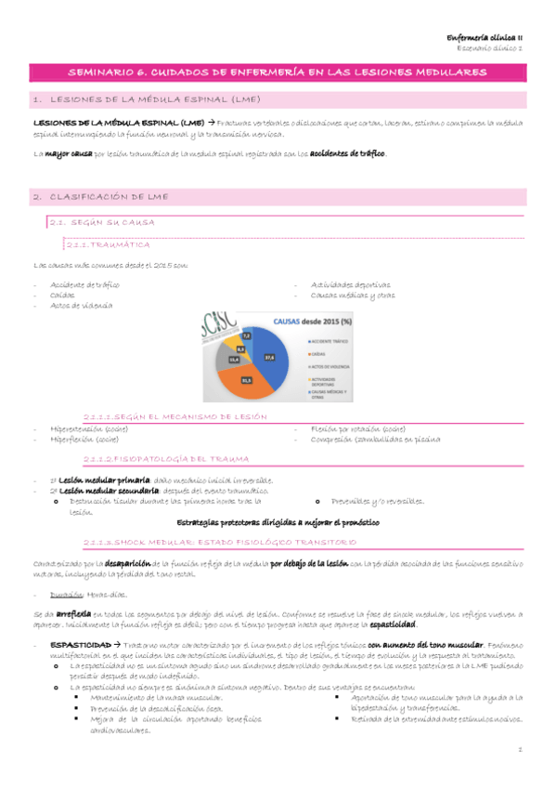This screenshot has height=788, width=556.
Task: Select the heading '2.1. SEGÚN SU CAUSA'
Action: (103, 223)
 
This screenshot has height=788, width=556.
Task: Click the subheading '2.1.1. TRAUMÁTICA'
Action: (109, 243)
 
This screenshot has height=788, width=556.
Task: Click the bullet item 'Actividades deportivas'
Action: (352, 284)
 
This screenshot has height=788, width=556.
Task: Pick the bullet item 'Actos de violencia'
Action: (84, 305)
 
